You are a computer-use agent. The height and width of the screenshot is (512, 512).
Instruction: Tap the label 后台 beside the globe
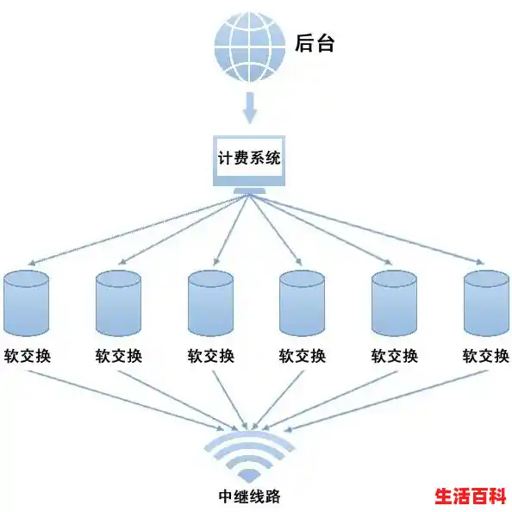(x=314, y=43)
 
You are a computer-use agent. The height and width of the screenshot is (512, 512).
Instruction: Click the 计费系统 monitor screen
(x=249, y=159)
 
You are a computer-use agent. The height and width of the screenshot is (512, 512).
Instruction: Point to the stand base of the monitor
(x=249, y=191)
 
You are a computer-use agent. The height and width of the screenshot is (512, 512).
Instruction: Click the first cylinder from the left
(x=27, y=303)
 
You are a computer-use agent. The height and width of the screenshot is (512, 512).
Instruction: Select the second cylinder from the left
(x=118, y=303)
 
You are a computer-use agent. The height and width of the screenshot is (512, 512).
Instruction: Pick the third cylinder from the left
(x=210, y=303)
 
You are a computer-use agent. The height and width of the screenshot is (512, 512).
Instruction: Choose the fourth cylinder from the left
(x=303, y=303)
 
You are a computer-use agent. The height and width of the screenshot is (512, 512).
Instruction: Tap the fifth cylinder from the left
(x=394, y=303)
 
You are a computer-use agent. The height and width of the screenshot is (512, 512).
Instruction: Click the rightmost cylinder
(x=486, y=303)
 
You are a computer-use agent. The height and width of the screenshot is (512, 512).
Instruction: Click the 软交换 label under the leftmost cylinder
(x=27, y=355)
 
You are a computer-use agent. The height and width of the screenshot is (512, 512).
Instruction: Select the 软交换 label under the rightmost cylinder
(x=486, y=355)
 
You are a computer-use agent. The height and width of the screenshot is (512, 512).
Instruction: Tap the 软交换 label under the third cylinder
(x=210, y=355)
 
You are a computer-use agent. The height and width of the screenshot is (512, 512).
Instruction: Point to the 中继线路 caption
(x=249, y=496)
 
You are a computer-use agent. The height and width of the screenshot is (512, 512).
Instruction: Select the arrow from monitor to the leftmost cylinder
(x=129, y=229)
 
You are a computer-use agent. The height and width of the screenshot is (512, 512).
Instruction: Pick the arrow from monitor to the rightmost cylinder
(x=371, y=229)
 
